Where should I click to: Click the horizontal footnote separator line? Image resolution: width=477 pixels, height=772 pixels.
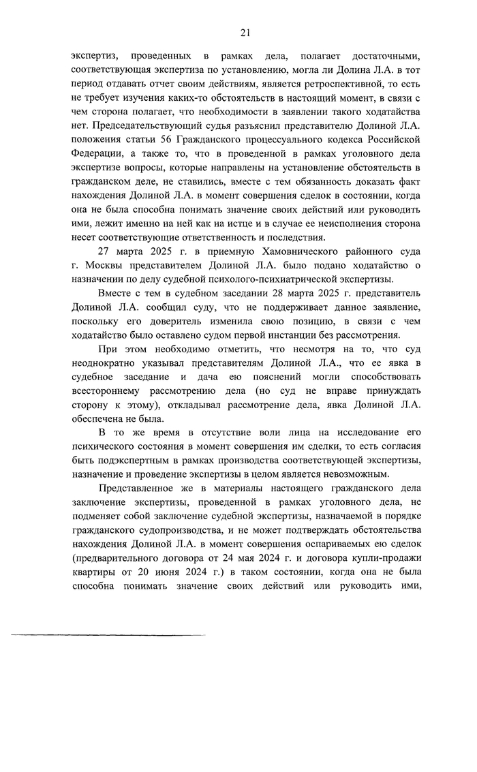(x=108, y=635)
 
